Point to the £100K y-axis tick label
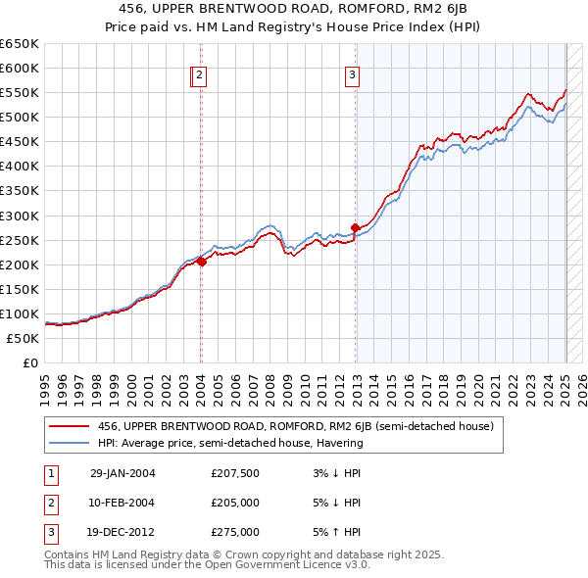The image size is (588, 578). (x=22, y=313)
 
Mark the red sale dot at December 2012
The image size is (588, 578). (x=355, y=227)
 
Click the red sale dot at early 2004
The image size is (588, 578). (x=201, y=262)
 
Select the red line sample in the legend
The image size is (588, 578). (x=68, y=427)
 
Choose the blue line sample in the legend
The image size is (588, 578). (x=68, y=443)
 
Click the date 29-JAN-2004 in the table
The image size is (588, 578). (x=122, y=473)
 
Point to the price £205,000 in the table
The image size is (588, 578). (x=235, y=503)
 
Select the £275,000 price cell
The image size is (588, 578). (x=235, y=532)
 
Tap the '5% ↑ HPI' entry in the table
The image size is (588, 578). (x=336, y=532)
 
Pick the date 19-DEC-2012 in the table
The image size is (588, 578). (x=122, y=532)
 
